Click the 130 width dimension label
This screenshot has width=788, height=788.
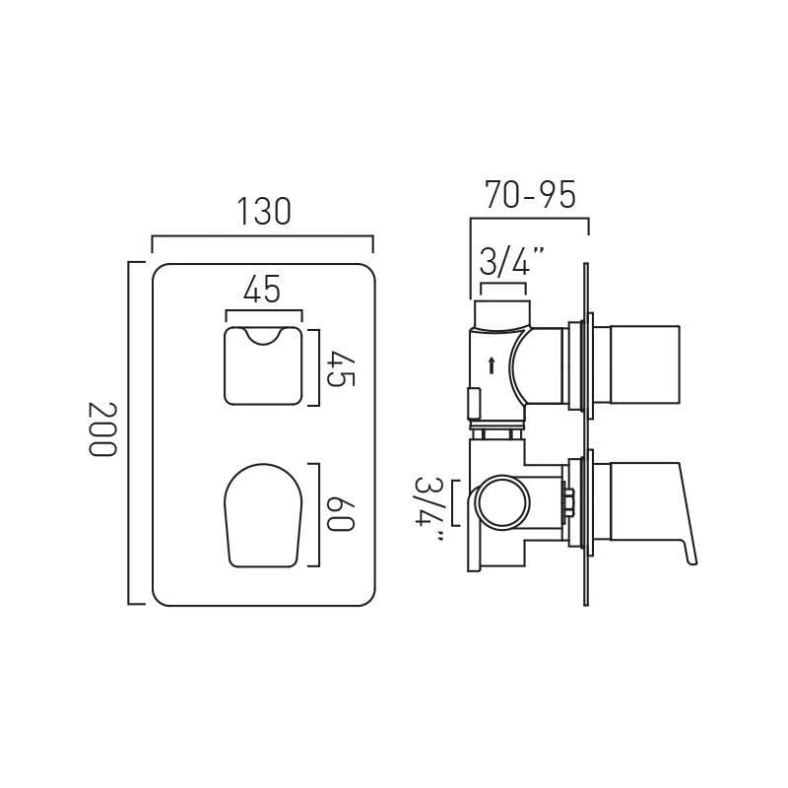pos(263,212)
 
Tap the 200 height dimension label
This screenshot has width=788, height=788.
pos(100,429)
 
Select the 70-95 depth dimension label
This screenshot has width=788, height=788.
pos(529,195)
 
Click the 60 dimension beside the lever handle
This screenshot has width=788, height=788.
pos(339,513)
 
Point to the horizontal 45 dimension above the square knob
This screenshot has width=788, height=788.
pos(262,291)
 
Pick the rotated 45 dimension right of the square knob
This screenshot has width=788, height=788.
pos(339,367)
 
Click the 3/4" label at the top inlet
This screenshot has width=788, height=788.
pos(510,263)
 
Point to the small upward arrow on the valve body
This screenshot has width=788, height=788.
pos(492,365)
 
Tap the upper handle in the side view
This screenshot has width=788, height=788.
pos(640,364)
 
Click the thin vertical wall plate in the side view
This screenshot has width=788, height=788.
pos(586,433)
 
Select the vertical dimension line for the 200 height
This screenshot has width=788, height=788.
pos(130,433)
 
